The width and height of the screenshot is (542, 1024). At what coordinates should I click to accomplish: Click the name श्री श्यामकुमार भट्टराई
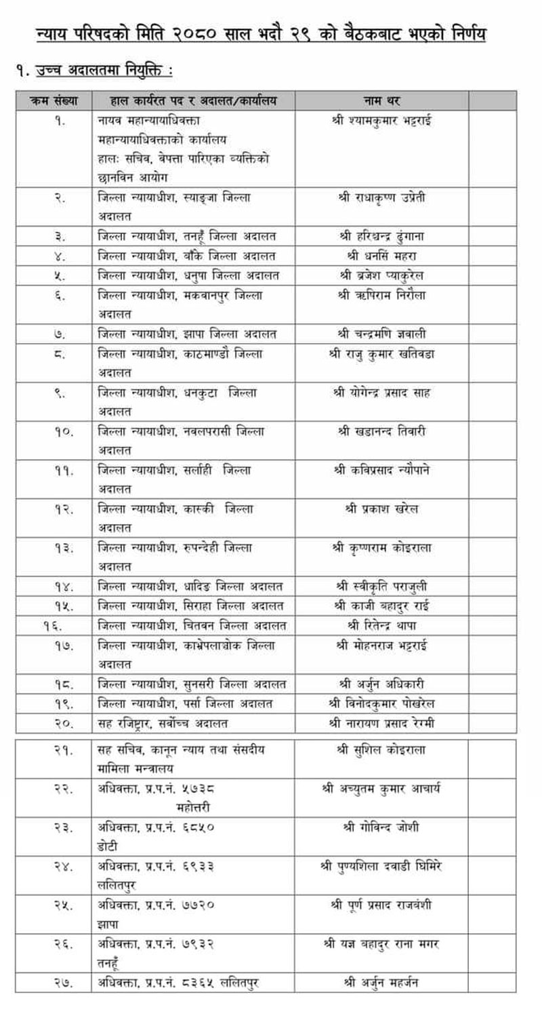tap(382, 121)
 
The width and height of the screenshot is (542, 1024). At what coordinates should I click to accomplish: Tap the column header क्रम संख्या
tap(54, 101)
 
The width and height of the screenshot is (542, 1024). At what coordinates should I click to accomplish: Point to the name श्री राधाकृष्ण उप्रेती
tap(382, 198)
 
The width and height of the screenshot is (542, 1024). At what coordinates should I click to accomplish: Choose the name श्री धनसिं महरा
tap(382, 256)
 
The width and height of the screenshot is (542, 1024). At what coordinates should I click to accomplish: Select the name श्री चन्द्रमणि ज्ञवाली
tap(382, 334)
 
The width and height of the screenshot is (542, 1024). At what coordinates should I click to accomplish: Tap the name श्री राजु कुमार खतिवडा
tap(382, 353)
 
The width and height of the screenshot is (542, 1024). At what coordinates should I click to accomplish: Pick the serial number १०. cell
tap(60, 431)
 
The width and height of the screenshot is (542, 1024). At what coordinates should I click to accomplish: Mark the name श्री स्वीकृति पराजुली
tap(382, 586)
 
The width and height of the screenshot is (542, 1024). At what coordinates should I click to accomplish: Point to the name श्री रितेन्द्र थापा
tap(382, 625)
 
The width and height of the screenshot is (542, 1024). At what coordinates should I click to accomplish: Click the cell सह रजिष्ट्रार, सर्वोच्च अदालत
tap(163, 723)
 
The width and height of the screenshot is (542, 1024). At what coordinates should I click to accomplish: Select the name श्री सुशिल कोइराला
tap(382, 750)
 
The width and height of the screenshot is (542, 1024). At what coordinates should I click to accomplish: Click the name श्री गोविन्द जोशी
tap(382, 827)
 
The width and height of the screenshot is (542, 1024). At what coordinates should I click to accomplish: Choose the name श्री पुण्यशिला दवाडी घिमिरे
tap(382, 866)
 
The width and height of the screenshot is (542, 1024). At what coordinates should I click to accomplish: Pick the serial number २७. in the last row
tap(60, 983)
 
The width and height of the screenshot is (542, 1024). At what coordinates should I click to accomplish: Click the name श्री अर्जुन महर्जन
tap(382, 983)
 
